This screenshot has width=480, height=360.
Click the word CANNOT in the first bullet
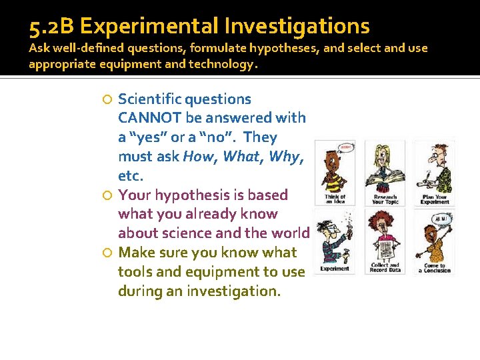tap(150, 118)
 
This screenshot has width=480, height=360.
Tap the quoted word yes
tap(147, 137)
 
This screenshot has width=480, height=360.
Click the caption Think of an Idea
tap(335, 199)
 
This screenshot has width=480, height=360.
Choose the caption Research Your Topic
tap(385, 199)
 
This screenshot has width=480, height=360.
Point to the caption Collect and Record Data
tap(385, 267)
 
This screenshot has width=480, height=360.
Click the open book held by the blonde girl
tap(386, 179)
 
